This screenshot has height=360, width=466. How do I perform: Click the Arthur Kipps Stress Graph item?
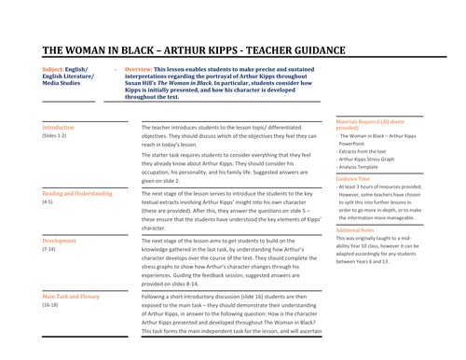(x=375, y=159)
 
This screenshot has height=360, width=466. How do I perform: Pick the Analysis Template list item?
(x=367, y=168)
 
